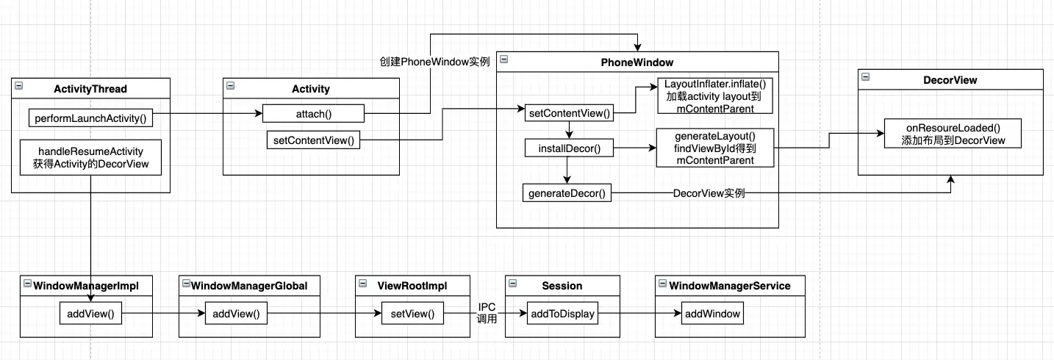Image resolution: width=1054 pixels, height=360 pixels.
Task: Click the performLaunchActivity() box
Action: (90, 118)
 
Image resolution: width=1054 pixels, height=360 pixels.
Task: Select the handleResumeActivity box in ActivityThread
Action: (90, 157)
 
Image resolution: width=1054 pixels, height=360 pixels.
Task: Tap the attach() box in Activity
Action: (313, 113)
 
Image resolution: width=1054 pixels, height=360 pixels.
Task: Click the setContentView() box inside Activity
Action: (313, 140)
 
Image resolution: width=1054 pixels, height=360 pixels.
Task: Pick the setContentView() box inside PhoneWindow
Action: (569, 113)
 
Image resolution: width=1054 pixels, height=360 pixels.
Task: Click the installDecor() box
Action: (569, 148)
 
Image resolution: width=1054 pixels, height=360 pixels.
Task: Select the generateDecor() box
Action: (567, 193)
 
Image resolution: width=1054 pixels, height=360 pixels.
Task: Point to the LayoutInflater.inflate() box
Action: (715, 96)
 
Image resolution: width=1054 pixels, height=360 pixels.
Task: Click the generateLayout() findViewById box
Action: (715, 148)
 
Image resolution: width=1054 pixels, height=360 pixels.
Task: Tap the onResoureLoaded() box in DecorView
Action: (953, 134)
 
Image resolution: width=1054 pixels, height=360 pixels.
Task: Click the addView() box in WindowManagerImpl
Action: (90, 314)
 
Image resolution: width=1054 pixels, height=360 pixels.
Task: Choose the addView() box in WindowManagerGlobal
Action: (236, 314)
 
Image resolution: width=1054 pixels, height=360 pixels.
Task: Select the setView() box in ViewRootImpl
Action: (412, 314)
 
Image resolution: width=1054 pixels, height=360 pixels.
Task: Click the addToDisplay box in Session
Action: (562, 314)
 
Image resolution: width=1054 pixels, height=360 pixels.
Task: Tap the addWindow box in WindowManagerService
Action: (712, 314)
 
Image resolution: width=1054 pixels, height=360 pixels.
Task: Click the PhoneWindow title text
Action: (637, 62)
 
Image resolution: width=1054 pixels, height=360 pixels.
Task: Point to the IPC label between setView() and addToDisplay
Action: (487, 307)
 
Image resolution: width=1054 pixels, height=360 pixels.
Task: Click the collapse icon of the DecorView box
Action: (865, 76)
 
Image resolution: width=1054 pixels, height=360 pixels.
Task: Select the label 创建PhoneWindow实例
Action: (435, 62)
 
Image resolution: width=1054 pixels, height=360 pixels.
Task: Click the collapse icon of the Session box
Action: (512, 284)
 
